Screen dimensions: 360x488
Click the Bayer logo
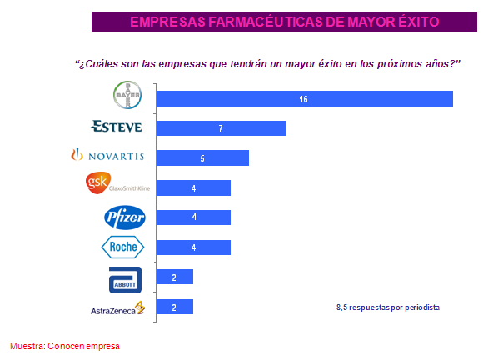click(x=128, y=97)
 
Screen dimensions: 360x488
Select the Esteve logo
click(x=117, y=127)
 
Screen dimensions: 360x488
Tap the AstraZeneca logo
click(x=117, y=308)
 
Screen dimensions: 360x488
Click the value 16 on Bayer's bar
click(x=304, y=98)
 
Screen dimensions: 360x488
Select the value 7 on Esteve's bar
click(x=221, y=128)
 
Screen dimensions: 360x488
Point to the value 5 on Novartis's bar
click(x=202, y=158)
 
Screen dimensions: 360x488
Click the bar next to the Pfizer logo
click(x=193, y=217)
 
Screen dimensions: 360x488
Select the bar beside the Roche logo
click(x=193, y=247)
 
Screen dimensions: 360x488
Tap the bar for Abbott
click(x=175, y=277)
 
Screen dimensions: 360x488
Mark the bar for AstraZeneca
click(x=175, y=307)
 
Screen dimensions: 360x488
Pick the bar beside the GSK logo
click(x=193, y=187)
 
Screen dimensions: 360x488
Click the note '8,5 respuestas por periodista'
click(x=387, y=307)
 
